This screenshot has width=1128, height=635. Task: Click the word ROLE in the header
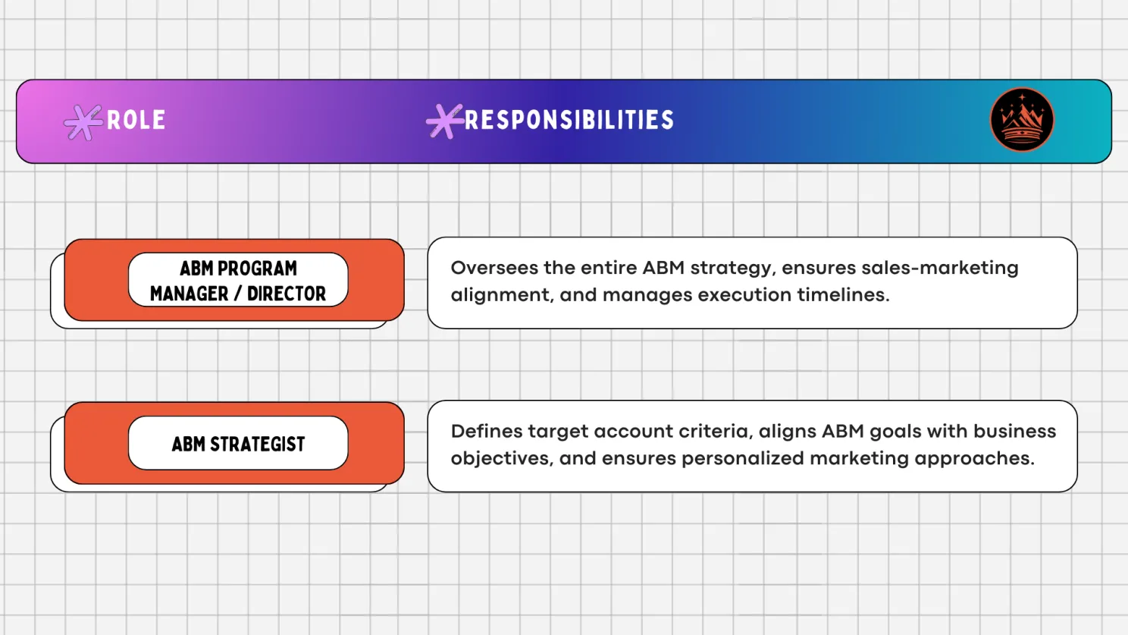[x=136, y=120]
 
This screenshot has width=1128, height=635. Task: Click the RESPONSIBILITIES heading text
[x=569, y=120]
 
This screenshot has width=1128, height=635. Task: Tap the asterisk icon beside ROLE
[x=83, y=122]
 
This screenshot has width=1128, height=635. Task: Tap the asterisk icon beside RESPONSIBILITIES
[x=444, y=121]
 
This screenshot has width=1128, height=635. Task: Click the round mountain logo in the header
[x=1022, y=120]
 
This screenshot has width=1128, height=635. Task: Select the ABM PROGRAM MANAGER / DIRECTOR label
[x=238, y=281]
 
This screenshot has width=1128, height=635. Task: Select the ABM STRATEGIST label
[x=238, y=444]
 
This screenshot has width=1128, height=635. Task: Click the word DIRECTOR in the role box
[x=287, y=294]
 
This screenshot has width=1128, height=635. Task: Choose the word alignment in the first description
[x=501, y=295]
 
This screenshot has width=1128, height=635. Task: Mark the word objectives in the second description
[x=501, y=458]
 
